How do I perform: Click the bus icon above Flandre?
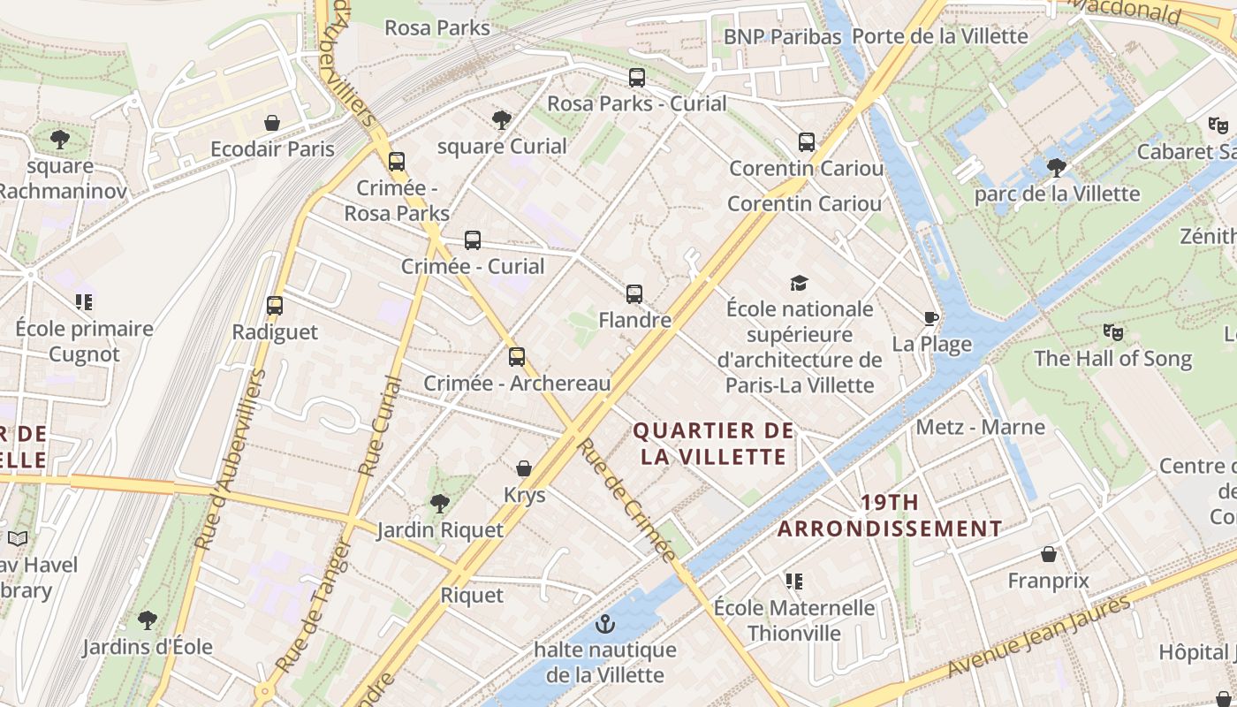coord(634,294)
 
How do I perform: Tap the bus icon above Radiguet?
coord(275,306)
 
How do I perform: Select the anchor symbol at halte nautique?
coord(605,624)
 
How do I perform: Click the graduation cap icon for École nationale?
coord(799,283)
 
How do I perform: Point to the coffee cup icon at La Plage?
coord(930,318)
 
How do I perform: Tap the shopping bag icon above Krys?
coord(524,468)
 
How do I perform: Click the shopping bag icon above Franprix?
coord(1049,554)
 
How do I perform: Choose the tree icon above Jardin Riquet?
coord(439,504)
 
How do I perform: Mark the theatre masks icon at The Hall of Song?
coord(1112,332)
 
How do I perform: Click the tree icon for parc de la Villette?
coord(1056,167)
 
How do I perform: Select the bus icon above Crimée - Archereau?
coord(517,357)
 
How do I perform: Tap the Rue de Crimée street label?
coord(627,499)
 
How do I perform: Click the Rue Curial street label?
coord(381,427)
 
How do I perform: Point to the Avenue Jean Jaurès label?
coord(1039,636)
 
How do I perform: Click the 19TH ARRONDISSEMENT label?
coord(890,516)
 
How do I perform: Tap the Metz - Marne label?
coord(980,428)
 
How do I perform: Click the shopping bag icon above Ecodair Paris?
coord(272,123)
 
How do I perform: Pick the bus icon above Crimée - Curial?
coord(473,240)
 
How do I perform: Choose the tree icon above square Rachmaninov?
coord(60,139)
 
